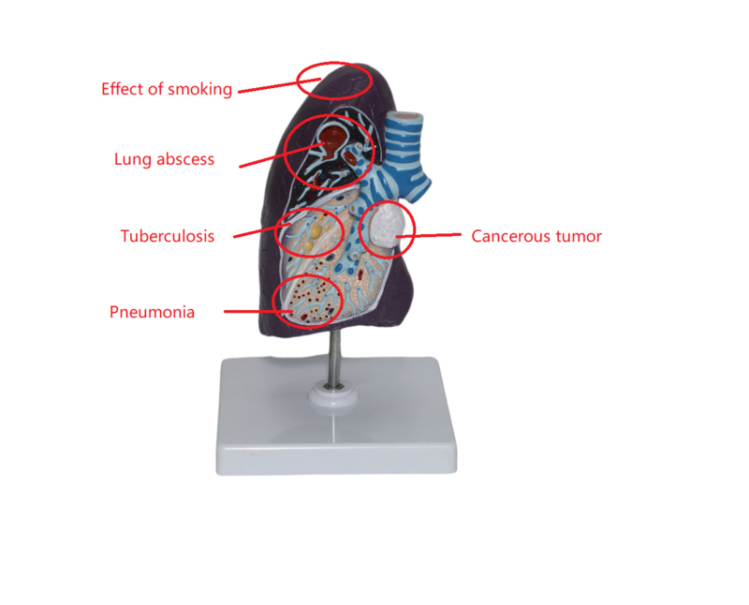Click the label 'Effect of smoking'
coord(167,89)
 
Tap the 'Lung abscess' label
coord(165,159)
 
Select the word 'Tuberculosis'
coord(168,236)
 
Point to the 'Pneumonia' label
coord(153,312)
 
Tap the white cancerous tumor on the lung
coord(386,227)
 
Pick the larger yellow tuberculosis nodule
coord(316,233)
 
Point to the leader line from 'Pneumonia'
coord(258,312)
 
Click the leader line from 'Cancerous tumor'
coord(429,235)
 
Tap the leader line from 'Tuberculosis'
coord(262,230)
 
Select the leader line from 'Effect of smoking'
coord(279,85)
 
